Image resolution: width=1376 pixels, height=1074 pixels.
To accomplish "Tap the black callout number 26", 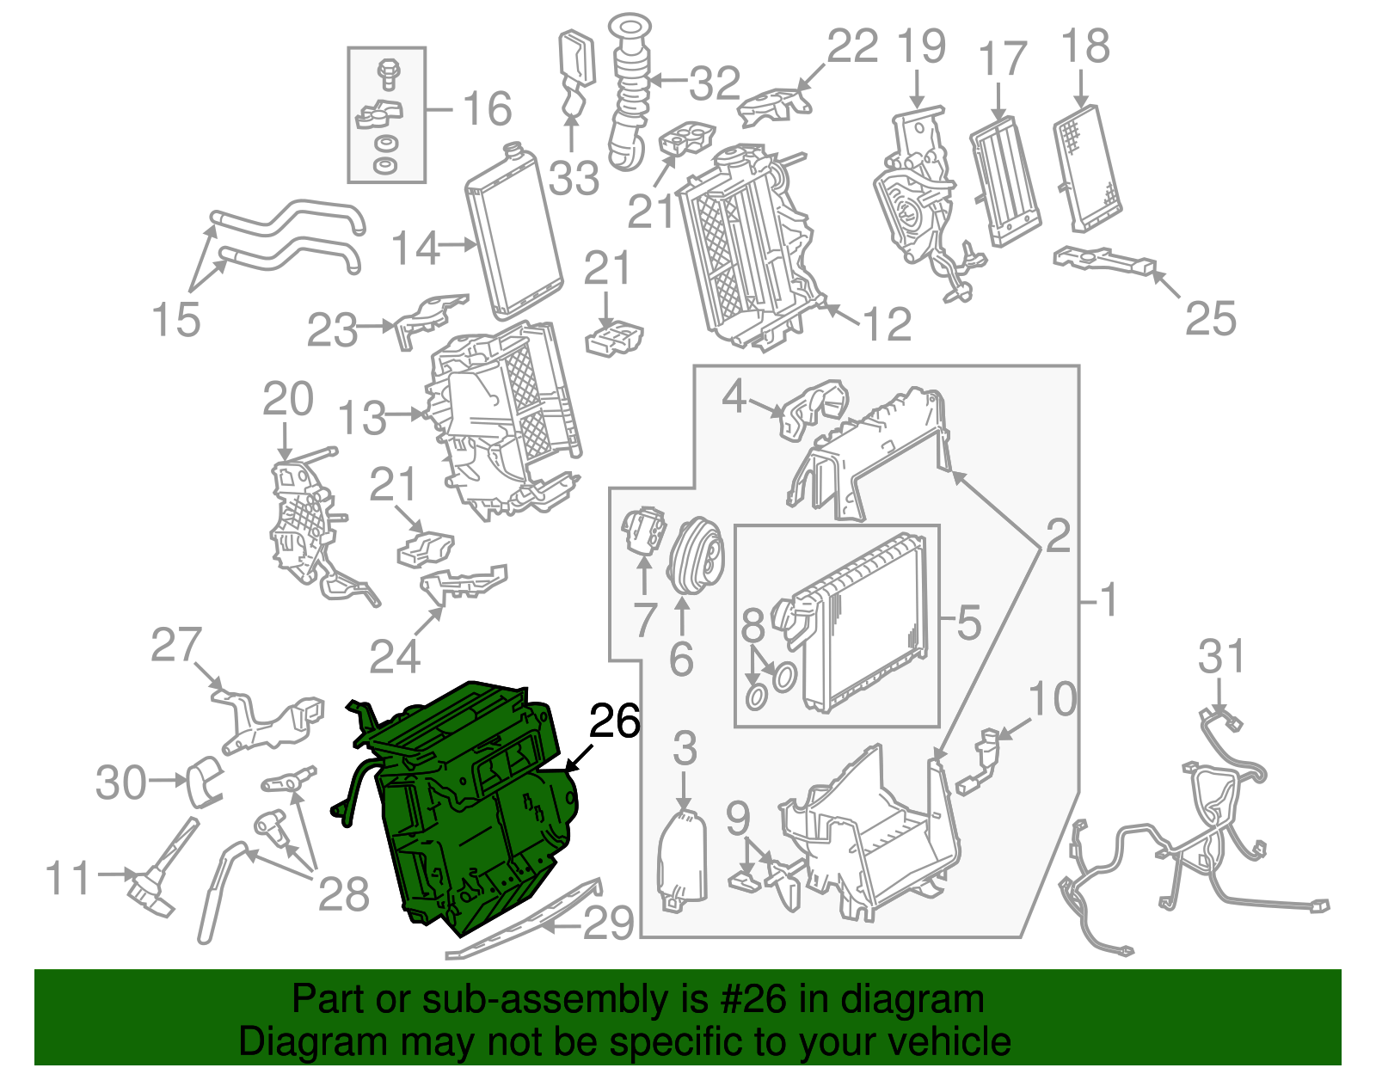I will click(615, 721).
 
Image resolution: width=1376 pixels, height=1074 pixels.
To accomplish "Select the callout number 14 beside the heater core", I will click(415, 249).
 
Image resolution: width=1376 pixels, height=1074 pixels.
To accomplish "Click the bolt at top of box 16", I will click(387, 72).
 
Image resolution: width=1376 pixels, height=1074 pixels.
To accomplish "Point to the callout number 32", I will click(715, 83).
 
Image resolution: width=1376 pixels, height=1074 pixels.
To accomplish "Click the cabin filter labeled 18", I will click(1088, 168).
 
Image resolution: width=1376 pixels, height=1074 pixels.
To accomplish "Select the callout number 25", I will click(1210, 319).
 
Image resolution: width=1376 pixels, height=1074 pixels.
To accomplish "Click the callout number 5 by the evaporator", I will click(968, 622).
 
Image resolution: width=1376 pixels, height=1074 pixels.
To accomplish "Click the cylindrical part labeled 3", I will click(683, 860).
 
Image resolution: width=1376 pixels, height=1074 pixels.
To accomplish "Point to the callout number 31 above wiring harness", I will click(1221, 658).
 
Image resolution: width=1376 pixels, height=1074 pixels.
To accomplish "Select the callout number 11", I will click(68, 879).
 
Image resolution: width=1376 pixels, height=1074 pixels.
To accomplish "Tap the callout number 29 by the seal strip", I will click(609, 924).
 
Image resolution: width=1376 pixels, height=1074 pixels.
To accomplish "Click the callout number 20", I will click(288, 401).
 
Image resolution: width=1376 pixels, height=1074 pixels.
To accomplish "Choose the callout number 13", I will click(362, 419).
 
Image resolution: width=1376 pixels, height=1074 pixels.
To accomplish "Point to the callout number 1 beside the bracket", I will click(1109, 599).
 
